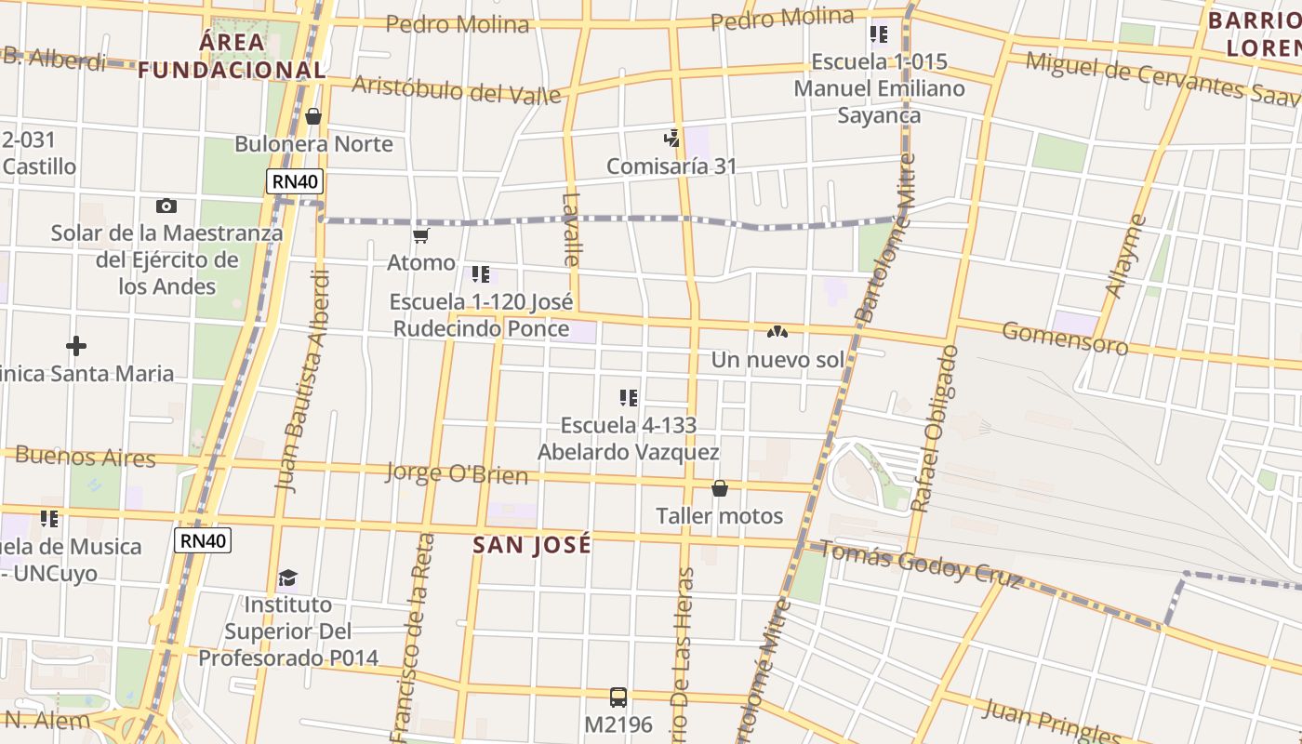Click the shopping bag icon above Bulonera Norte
313,116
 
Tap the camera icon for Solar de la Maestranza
166,206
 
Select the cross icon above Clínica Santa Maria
76,347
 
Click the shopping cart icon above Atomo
421,235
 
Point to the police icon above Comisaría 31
671,139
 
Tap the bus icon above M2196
618,697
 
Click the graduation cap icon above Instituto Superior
287,578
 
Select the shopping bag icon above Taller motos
719,488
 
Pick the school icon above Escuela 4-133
629,398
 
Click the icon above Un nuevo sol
777,332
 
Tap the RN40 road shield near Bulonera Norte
295,181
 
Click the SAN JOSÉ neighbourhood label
532,545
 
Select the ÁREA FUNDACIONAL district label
232,56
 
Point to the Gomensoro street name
1065,339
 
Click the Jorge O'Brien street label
457,473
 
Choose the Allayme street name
1125,256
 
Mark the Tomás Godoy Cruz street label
919,565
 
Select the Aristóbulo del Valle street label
457,89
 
